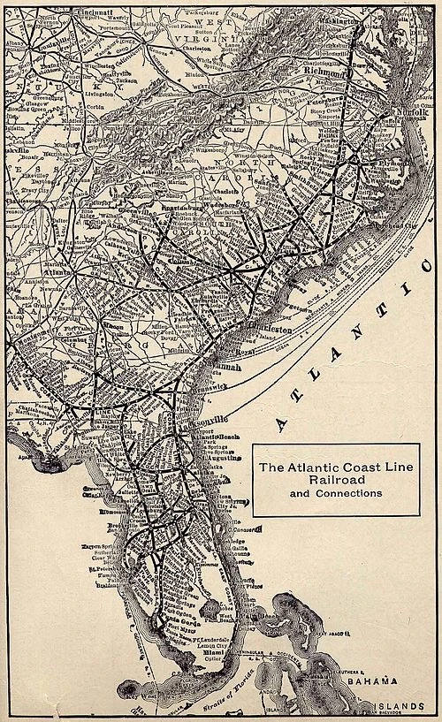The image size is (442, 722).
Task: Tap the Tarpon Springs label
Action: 97,547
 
